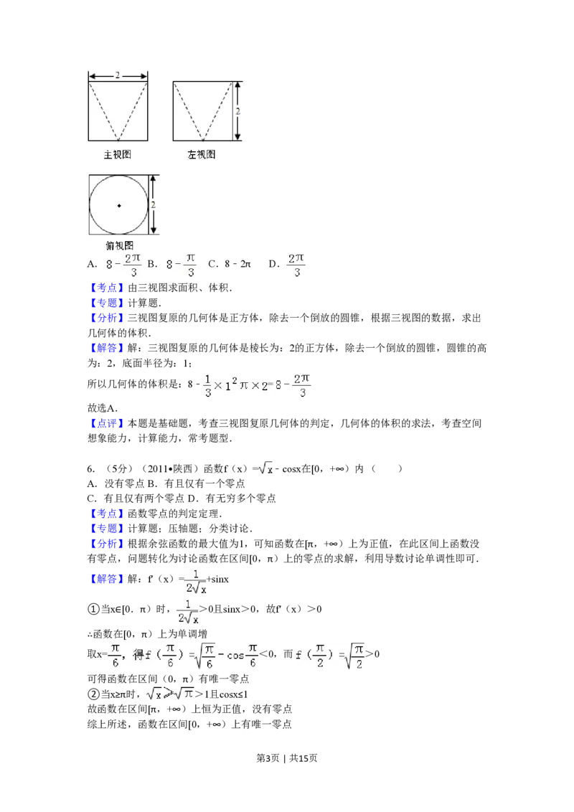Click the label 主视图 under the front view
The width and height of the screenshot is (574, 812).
point(118,154)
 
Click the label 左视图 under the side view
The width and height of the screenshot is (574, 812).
point(202,154)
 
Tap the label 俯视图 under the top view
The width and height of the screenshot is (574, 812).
point(118,245)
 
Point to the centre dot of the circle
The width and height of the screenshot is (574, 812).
point(119,206)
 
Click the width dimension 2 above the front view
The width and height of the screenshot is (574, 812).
point(118,75)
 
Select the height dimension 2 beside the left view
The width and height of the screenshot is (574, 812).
point(237,111)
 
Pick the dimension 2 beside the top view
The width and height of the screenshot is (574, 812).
point(153,205)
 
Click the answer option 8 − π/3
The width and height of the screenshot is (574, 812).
point(180,265)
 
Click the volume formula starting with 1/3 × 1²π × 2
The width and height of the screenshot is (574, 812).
point(258,384)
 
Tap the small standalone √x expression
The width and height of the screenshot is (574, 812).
point(265,469)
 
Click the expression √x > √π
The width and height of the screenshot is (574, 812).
point(169,694)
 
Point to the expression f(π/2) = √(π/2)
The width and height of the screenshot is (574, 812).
point(330,656)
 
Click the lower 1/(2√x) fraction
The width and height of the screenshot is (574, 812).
point(187,610)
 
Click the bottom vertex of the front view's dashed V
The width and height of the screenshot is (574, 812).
point(118,140)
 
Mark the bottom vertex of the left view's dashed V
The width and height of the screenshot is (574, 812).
point(203,140)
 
